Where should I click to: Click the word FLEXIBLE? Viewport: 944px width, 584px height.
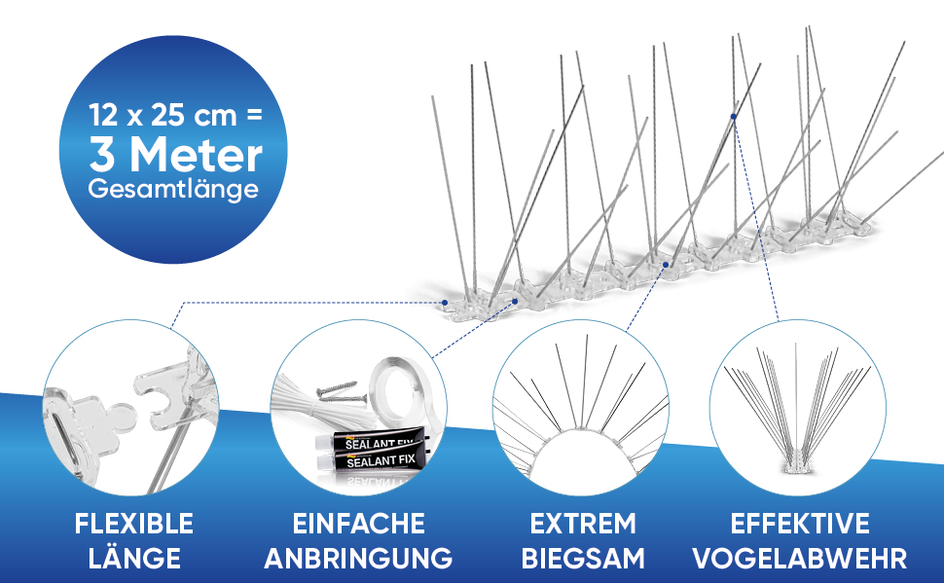click(x=134, y=524)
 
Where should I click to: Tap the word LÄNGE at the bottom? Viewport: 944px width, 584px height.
click(x=134, y=559)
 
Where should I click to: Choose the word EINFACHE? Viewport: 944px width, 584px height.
click(x=358, y=524)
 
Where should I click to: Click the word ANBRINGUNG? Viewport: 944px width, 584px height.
click(x=358, y=559)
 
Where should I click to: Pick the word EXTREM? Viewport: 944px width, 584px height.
click(x=583, y=524)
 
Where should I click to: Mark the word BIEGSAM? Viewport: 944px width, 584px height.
click(x=583, y=559)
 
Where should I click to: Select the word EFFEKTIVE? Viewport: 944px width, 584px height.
click(x=802, y=524)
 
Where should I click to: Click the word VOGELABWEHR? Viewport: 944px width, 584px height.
click(x=802, y=559)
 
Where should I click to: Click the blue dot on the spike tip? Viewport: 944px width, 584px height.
click(x=734, y=116)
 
